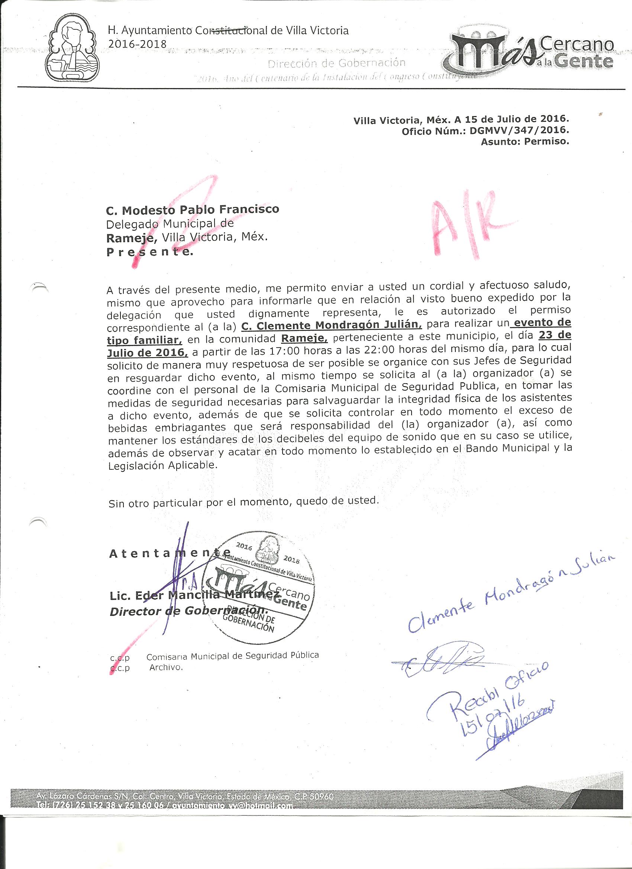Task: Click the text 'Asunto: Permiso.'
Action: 525,142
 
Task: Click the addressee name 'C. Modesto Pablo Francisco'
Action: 193,210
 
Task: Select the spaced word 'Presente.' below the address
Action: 150,252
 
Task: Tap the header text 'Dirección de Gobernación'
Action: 336,63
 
